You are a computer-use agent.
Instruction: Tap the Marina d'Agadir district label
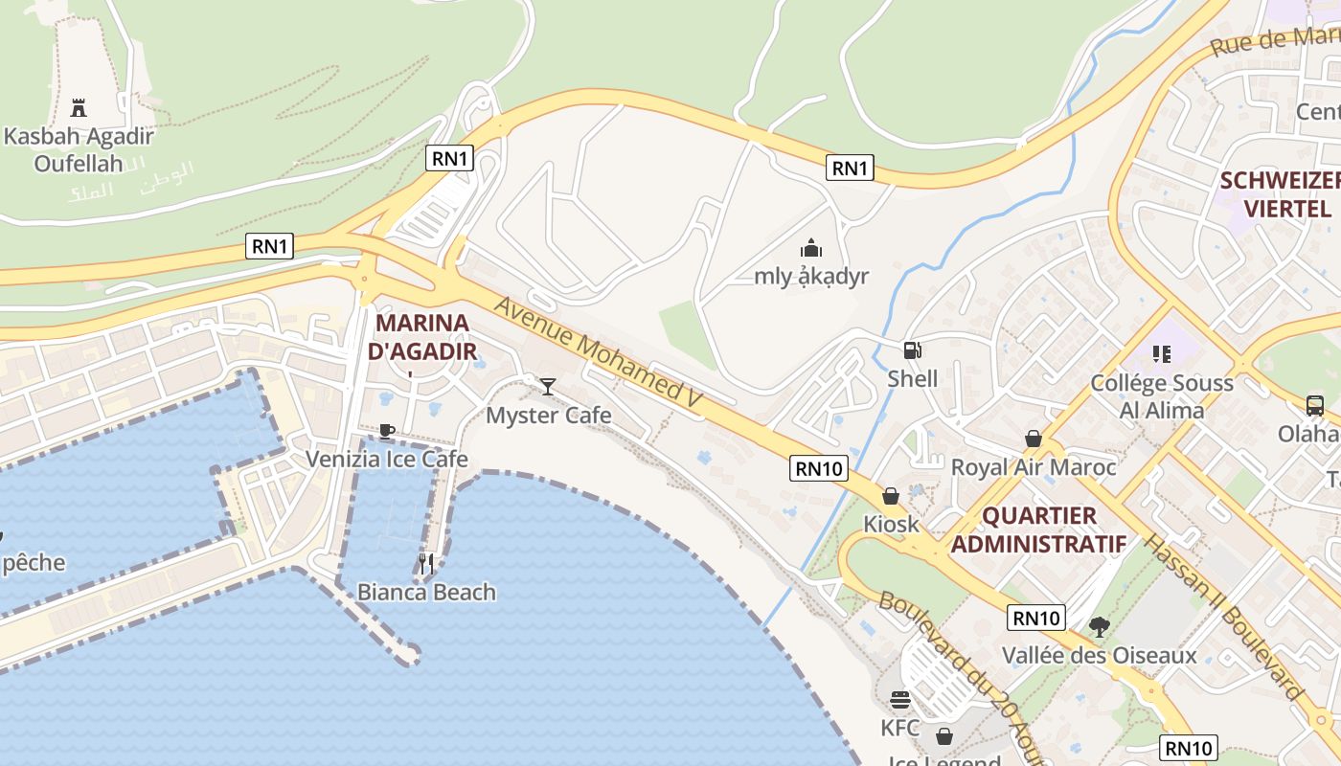point(422,336)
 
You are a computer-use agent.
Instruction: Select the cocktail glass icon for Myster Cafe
point(548,386)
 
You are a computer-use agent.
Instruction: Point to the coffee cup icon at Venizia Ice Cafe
point(386,431)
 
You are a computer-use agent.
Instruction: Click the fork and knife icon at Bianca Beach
point(426,563)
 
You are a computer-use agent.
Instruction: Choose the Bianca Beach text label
point(426,592)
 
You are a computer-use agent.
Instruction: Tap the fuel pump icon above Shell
point(912,350)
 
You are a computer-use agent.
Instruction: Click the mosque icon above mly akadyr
point(811,249)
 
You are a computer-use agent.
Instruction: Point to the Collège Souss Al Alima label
point(1162,396)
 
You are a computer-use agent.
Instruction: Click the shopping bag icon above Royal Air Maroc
point(1034,439)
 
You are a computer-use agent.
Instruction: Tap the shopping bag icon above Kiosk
point(891,496)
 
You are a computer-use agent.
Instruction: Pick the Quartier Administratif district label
point(1039,529)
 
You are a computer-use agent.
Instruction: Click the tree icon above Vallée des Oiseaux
point(1099,627)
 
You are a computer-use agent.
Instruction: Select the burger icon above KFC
point(899,699)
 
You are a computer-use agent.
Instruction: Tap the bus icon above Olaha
point(1314,405)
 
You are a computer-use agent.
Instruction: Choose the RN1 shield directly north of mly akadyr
point(850,169)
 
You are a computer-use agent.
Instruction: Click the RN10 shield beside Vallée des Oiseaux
point(1036,618)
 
